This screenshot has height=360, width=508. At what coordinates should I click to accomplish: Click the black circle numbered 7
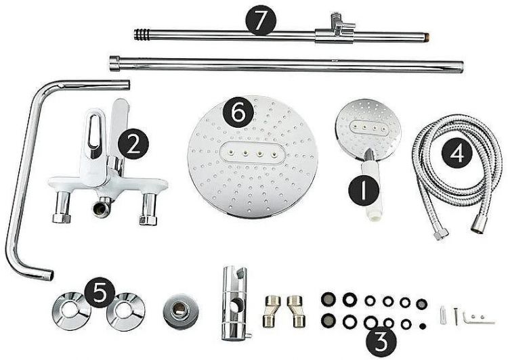(x=261, y=20)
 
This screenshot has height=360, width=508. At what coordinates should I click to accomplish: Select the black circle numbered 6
(x=238, y=112)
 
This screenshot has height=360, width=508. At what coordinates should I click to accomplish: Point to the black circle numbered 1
(x=364, y=190)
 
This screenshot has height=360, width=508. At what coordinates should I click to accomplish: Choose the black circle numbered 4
(x=457, y=153)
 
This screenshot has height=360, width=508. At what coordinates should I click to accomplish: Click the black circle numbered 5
(x=100, y=292)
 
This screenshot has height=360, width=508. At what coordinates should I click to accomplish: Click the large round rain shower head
(x=253, y=157)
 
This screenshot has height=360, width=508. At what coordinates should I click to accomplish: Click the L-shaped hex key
(x=478, y=318)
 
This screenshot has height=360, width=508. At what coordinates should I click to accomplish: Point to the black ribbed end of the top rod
(x=142, y=35)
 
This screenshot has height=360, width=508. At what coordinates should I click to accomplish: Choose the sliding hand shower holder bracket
(x=234, y=302)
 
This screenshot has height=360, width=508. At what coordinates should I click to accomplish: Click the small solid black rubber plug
(x=423, y=326)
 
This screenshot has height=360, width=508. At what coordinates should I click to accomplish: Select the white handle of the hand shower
(x=372, y=190)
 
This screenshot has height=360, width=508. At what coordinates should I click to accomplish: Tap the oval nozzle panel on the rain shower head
(x=251, y=152)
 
